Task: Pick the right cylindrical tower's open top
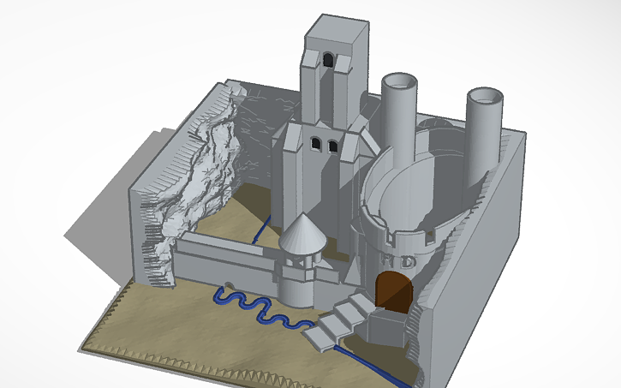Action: (483, 97)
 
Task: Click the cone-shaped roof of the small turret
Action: (302, 233)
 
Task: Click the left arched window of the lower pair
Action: (315, 144)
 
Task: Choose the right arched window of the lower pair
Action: (331, 146)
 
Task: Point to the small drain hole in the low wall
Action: (230, 284)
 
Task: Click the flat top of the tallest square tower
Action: (337, 30)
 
